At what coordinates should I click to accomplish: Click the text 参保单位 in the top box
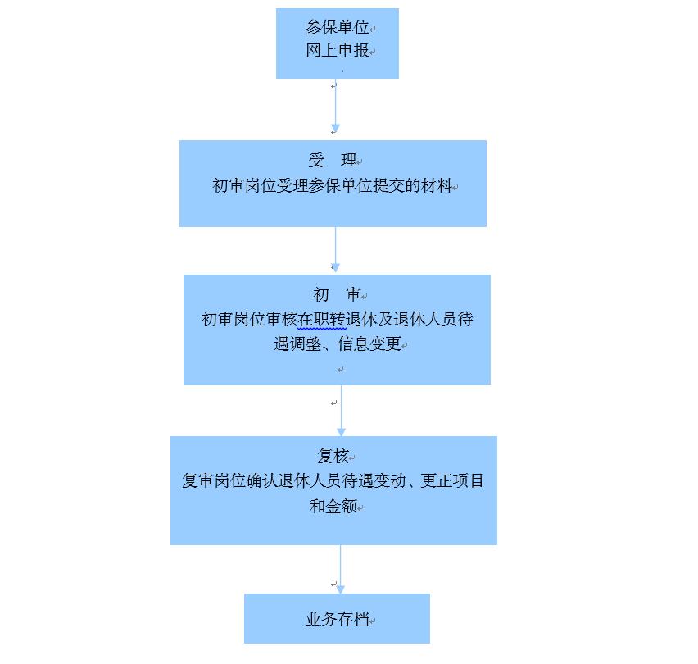coord(337,28)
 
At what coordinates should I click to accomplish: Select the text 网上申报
coord(337,50)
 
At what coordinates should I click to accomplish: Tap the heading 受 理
coord(333,160)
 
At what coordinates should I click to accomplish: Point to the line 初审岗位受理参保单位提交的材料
coord(332,185)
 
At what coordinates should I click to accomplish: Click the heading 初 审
coord(337,294)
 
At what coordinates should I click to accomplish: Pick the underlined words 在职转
coord(321,320)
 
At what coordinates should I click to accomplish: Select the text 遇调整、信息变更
coord(338,343)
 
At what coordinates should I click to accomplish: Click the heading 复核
coord(333,456)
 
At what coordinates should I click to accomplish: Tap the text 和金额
coord(333,506)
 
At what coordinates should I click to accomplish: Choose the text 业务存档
coord(337,619)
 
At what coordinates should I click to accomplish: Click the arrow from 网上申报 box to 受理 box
coord(335,106)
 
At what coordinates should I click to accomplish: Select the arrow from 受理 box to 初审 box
coord(335,249)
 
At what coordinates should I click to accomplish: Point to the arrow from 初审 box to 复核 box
coord(341,411)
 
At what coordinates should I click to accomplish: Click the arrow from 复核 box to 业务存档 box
coord(341,569)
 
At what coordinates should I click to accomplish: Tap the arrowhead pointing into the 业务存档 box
coord(341,589)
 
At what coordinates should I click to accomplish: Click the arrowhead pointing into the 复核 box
coord(341,432)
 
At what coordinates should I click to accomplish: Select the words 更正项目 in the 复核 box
coord(452,480)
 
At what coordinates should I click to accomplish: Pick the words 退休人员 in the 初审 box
coord(425,320)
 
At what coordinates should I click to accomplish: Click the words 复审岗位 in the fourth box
coord(214,480)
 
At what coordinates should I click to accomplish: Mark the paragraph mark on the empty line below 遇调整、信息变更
coord(341,370)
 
